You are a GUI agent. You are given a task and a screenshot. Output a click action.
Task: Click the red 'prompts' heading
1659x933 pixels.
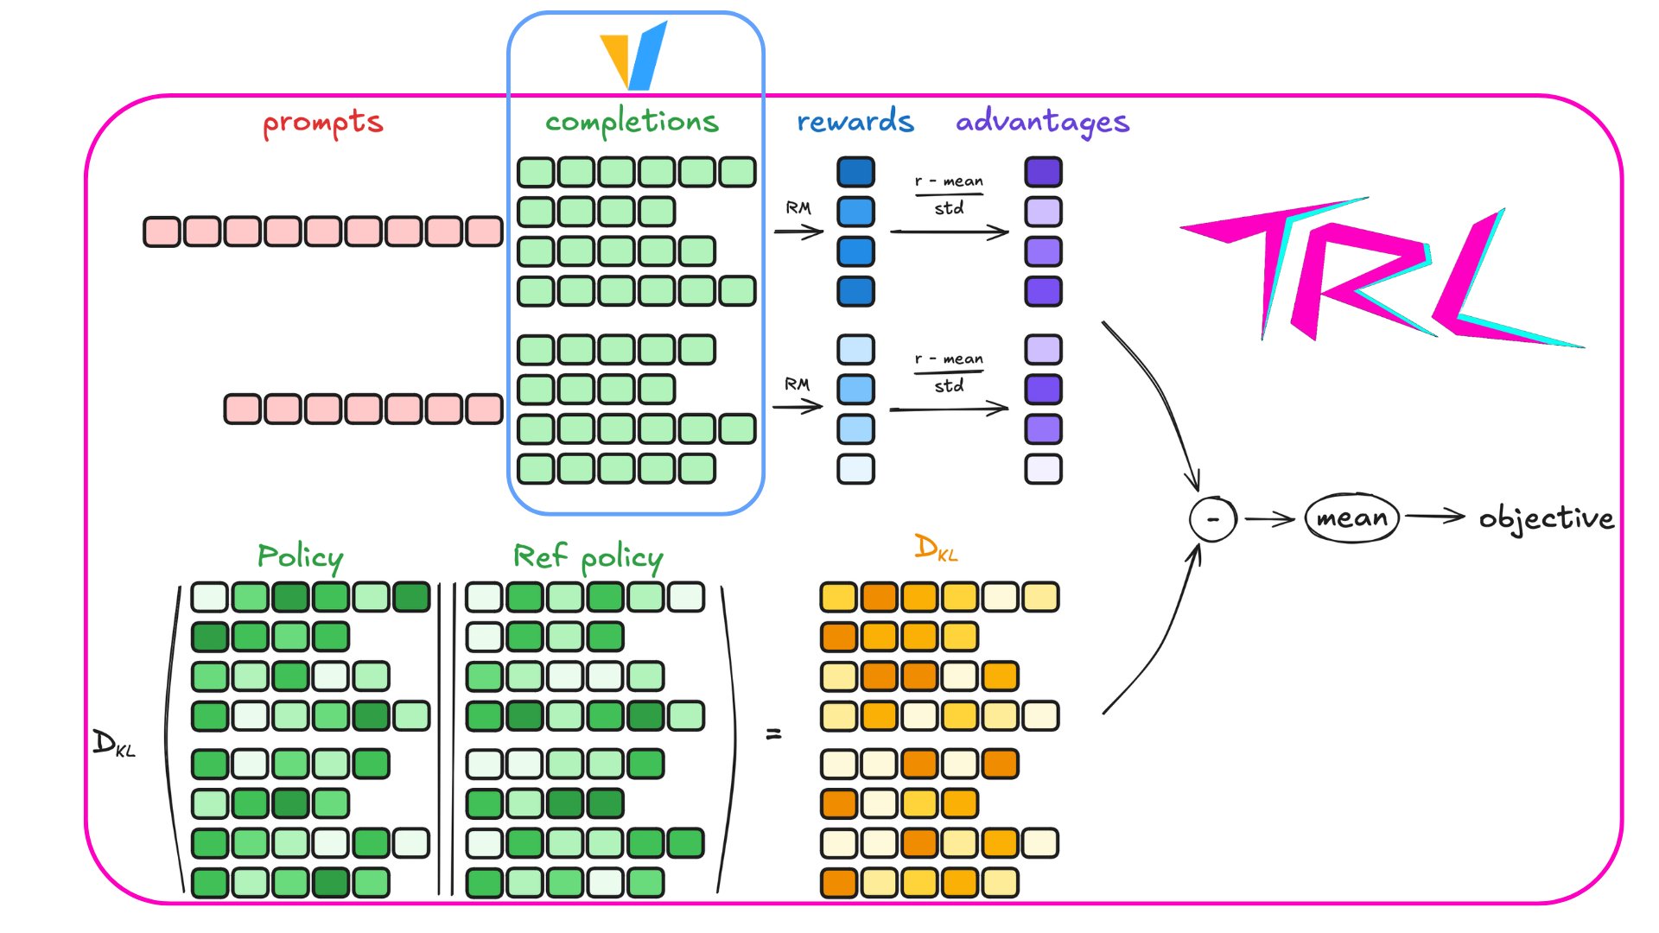tap(323, 124)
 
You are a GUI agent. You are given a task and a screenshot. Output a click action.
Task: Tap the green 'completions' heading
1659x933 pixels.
tap(632, 123)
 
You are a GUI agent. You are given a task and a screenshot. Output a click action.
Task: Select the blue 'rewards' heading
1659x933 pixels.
tap(855, 122)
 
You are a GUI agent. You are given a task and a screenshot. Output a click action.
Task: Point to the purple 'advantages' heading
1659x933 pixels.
tap(1042, 123)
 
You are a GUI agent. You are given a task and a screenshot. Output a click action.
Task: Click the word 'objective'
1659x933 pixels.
tap(1546, 518)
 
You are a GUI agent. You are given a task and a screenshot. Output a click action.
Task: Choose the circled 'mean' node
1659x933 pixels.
tap(1351, 518)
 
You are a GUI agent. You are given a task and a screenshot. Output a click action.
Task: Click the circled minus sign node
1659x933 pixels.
tap(1212, 519)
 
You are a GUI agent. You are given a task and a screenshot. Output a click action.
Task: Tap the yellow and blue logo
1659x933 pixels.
tap(635, 56)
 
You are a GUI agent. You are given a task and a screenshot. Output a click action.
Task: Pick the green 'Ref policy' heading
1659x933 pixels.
tap(588, 557)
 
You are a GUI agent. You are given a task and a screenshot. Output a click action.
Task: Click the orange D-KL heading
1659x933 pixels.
tap(936, 548)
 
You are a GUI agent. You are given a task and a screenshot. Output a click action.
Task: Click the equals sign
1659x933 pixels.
tap(773, 734)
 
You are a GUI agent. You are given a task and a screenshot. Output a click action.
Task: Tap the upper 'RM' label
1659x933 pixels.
tap(798, 208)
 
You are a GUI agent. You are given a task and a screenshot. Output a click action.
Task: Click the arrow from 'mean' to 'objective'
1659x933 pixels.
tap(1434, 517)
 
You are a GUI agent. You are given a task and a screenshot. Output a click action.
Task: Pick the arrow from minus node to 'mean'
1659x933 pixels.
tap(1268, 519)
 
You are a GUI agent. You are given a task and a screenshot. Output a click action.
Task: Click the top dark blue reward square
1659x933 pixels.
tap(855, 172)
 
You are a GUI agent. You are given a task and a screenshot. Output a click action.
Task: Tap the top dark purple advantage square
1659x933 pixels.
tap(1043, 172)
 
